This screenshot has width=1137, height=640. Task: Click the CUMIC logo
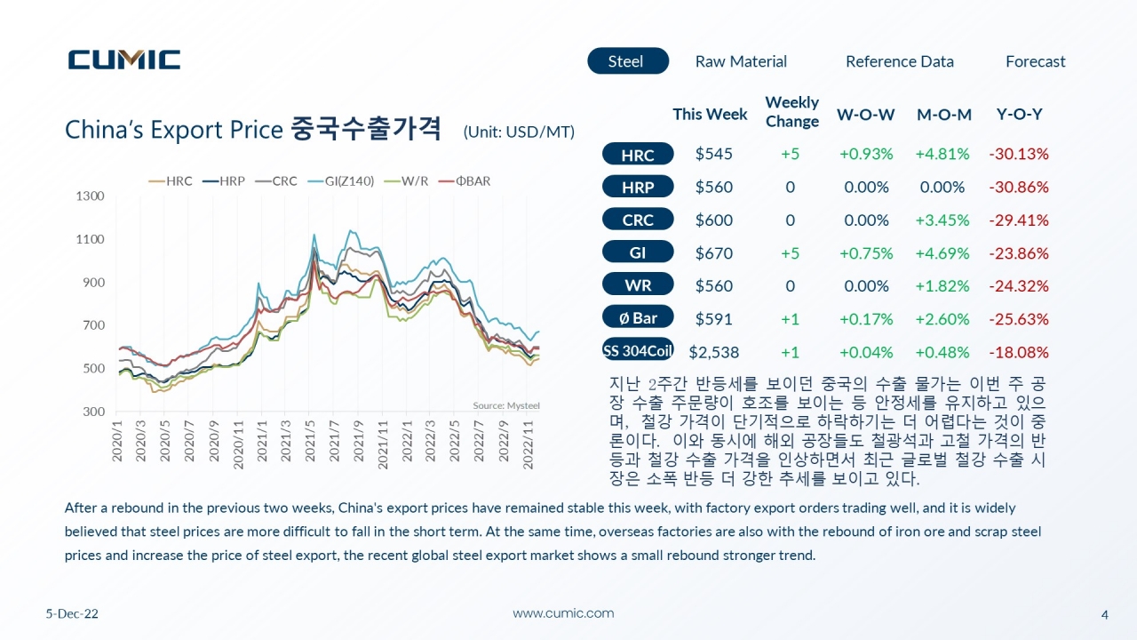[x=124, y=60]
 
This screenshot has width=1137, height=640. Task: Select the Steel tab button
[x=628, y=61]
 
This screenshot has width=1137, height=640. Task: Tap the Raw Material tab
[x=741, y=61]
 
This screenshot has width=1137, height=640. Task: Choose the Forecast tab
[x=1036, y=61]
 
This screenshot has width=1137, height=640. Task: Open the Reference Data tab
[x=900, y=61]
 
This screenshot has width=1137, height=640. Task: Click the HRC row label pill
[x=638, y=154]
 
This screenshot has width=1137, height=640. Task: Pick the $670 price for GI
[x=713, y=253]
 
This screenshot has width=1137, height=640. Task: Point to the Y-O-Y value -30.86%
[x=1019, y=187]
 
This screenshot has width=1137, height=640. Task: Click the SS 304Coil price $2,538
[x=713, y=352]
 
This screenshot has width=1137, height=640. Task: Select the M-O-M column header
[x=944, y=115]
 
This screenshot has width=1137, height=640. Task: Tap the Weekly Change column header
[x=791, y=112]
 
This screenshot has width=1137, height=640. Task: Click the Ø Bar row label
[x=638, y=318]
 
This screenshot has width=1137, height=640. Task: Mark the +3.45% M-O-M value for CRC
[x=942, y=220]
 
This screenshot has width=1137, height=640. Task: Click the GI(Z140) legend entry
[x=341, y=181]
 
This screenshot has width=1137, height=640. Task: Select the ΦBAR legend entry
[x=465, y=181]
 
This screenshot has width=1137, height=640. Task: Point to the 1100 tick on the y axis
[x=90, y=239]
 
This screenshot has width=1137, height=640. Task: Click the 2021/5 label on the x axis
[x=310, y=440]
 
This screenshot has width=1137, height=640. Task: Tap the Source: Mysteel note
[x=506, y=405]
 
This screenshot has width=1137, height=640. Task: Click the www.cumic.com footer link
[x=563, y=613]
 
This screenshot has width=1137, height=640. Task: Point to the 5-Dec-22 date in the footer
[x=72, y=613]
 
